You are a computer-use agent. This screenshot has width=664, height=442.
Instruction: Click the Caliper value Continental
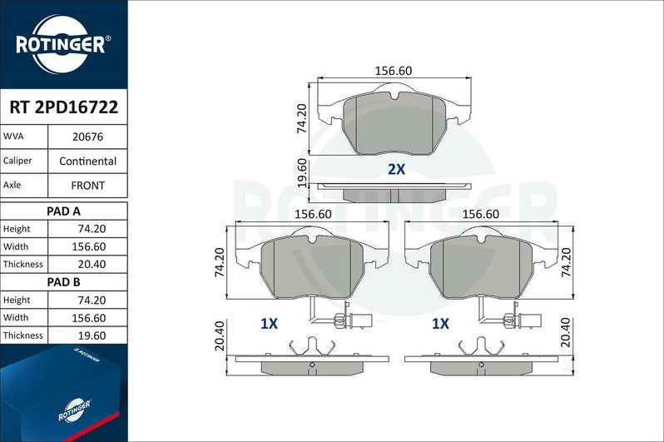coord(87,161)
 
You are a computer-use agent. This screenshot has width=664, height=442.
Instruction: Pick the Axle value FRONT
coord(87,185)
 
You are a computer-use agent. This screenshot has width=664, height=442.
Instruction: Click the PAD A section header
coord(64,211)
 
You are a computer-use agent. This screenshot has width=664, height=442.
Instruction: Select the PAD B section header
coord(64,282)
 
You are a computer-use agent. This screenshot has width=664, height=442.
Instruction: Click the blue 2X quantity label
coord(396,169)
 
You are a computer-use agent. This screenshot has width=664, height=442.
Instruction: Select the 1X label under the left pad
coord(268,324)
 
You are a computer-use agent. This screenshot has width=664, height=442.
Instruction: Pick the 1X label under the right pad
coord(440,324)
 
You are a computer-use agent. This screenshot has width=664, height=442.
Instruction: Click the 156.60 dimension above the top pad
coord(394,71)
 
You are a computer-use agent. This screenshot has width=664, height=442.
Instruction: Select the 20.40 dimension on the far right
coord(566,333)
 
